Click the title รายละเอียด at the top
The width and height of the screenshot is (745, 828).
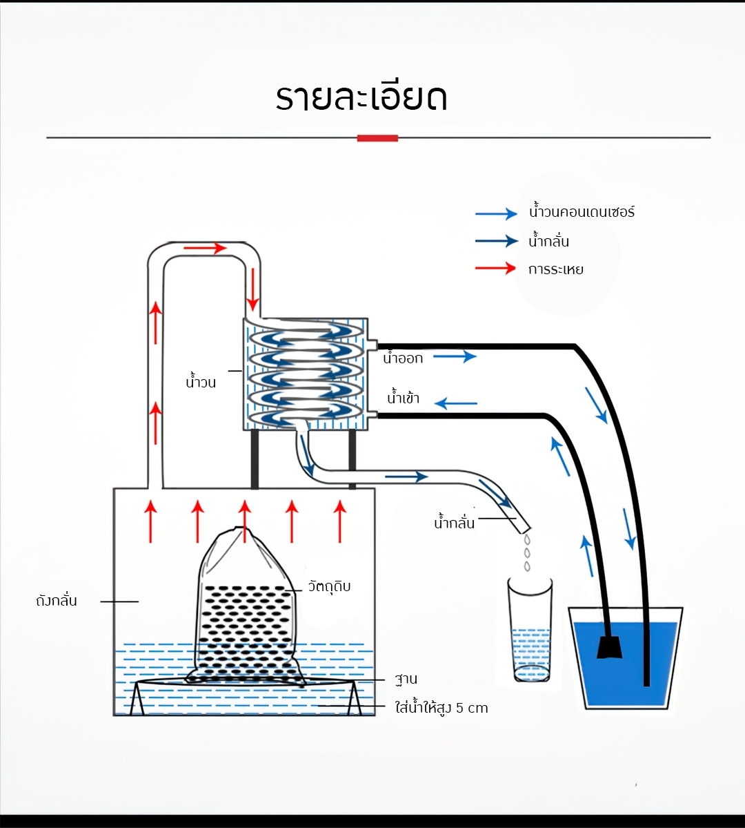(x=361, y=97)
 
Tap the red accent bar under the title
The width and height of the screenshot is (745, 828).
(x=377, y=138)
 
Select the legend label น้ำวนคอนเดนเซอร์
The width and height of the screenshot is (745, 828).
(x=582, y=212)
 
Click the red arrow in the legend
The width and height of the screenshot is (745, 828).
(x=495, y=268)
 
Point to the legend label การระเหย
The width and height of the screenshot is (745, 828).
(x=556, y=269)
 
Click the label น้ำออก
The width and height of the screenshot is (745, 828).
(x=403, y=358)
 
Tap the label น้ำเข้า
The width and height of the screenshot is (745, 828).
(x=404, y=398)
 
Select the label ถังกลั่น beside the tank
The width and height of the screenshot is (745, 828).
(x=57, y=601)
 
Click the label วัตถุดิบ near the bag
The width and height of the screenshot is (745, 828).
(x=329, y=586)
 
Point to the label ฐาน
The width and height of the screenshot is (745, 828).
(x=406, y=679)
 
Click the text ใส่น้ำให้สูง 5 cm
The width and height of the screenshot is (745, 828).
(x=441, y=708)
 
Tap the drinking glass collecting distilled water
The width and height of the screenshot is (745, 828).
(x=530, y=630)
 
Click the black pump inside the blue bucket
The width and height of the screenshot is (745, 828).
(x=609, y=647)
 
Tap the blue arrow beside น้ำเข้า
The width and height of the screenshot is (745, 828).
(x=456, y=403)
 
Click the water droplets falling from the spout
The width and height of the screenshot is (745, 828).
(x=527, y=553)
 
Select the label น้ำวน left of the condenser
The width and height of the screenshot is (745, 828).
(x=201, y=381)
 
